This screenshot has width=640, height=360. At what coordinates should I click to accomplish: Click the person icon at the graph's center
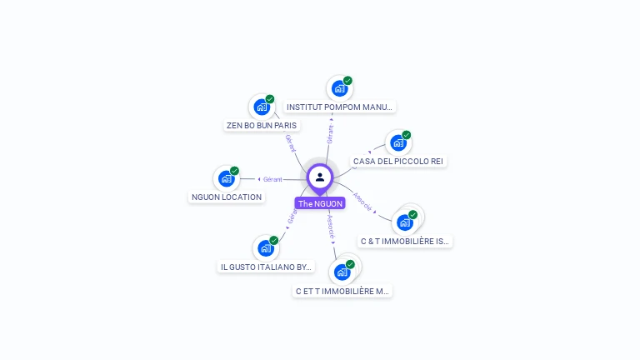click(320, 177)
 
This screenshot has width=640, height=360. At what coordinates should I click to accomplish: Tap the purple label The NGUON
click(320, 203)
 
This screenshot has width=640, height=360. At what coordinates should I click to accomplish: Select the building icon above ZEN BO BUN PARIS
click(262, 107)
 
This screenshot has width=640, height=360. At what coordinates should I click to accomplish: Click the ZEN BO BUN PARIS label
click(262, 126)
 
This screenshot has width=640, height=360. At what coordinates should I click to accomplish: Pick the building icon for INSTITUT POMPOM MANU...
click(339, 88)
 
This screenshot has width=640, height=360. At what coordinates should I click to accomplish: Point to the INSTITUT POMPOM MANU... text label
click(339, 107)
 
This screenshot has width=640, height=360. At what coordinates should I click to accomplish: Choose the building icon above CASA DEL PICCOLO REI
click(397, 143)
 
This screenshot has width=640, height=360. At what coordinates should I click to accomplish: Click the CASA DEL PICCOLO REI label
click(398, 161)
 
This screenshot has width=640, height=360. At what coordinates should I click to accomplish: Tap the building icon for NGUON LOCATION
click(226, 178)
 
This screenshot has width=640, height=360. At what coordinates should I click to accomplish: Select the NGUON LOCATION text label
click(227, 197)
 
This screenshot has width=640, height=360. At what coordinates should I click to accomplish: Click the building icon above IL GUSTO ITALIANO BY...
click(265, 248)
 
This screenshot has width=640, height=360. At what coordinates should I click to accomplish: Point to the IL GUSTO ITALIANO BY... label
click(266, 267)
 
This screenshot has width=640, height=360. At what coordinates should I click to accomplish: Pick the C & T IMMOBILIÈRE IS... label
click(405, 242)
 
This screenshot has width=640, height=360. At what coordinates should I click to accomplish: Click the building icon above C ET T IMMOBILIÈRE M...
click(342, 272)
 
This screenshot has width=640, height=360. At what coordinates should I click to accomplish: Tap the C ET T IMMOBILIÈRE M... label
click(342, 292)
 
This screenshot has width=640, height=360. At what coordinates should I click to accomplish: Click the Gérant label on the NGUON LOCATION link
click(272, 179)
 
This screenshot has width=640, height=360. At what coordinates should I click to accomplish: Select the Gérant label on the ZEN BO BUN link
click(291, 143)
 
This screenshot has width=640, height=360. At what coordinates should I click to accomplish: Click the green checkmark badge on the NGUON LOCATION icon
click(234, 171)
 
